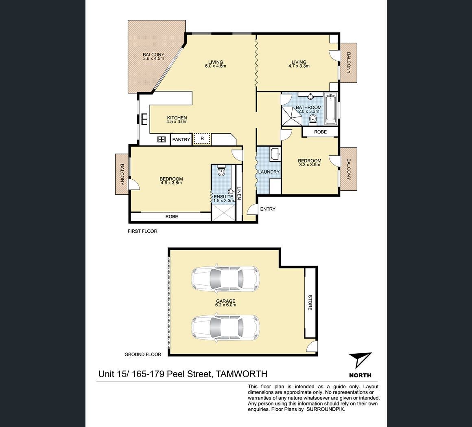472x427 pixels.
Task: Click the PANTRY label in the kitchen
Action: pos(181,139)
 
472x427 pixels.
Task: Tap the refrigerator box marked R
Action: pos(202,139)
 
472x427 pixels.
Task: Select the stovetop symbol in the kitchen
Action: pos(162,139)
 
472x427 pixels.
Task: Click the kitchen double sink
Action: pos(144,119)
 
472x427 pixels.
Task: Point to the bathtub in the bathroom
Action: pos(330,109)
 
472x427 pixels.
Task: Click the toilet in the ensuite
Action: pos(221,171)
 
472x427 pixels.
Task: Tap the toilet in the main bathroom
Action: pos(313,119)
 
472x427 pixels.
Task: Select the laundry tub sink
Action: pos(275,154)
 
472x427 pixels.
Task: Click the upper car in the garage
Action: pos(225,279)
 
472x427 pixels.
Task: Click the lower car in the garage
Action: pos(225,328)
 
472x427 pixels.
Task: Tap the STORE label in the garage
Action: pos(310,303)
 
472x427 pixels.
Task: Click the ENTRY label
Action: pos(268,209)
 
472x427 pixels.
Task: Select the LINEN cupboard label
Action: pos(239,194)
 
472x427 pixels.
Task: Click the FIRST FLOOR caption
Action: pos(142,231)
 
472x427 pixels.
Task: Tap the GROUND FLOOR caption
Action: pos(143,354)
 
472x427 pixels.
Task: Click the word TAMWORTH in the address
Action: pos(242,374)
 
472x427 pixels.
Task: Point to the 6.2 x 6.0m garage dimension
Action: pos(225,305)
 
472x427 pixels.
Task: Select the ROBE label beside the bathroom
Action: pos(320,132)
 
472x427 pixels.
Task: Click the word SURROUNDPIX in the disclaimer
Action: pos(326,409)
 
